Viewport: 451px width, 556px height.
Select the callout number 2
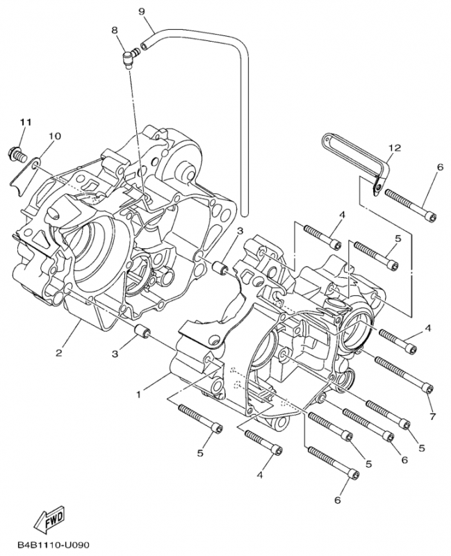[60, 352]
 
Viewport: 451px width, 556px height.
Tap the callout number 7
[432, 416]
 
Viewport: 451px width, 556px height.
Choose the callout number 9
[142, 12]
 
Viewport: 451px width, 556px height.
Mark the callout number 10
[54, 135]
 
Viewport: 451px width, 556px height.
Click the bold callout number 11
[26, 122]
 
